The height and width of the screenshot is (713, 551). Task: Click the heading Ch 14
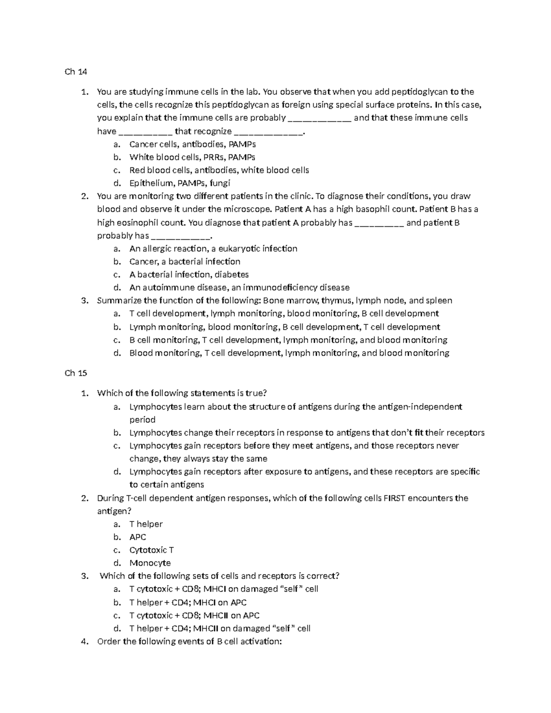76,72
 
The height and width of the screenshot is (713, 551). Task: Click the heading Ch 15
76,373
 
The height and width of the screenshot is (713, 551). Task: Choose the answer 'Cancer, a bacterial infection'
185,262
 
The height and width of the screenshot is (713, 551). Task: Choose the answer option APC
138,537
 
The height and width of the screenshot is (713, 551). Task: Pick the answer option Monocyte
150,563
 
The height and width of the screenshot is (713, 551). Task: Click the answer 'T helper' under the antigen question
146,524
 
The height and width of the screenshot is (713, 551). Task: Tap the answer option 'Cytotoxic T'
152,550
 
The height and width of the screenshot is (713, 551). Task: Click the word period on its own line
142,420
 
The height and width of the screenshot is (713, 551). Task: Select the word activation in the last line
260,641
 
